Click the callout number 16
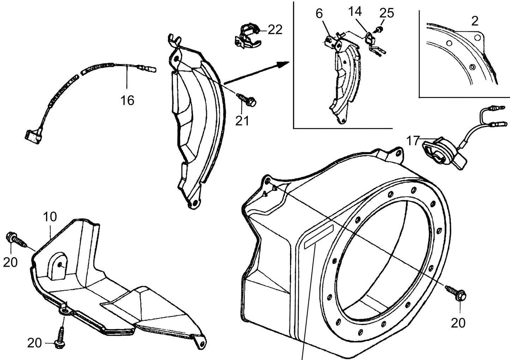click(127, 100)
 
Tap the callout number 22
click(275, 30)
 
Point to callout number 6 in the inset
click(319, 14)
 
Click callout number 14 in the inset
click(355, 12)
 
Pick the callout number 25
click(386, 13)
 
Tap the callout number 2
click(475, 21)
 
